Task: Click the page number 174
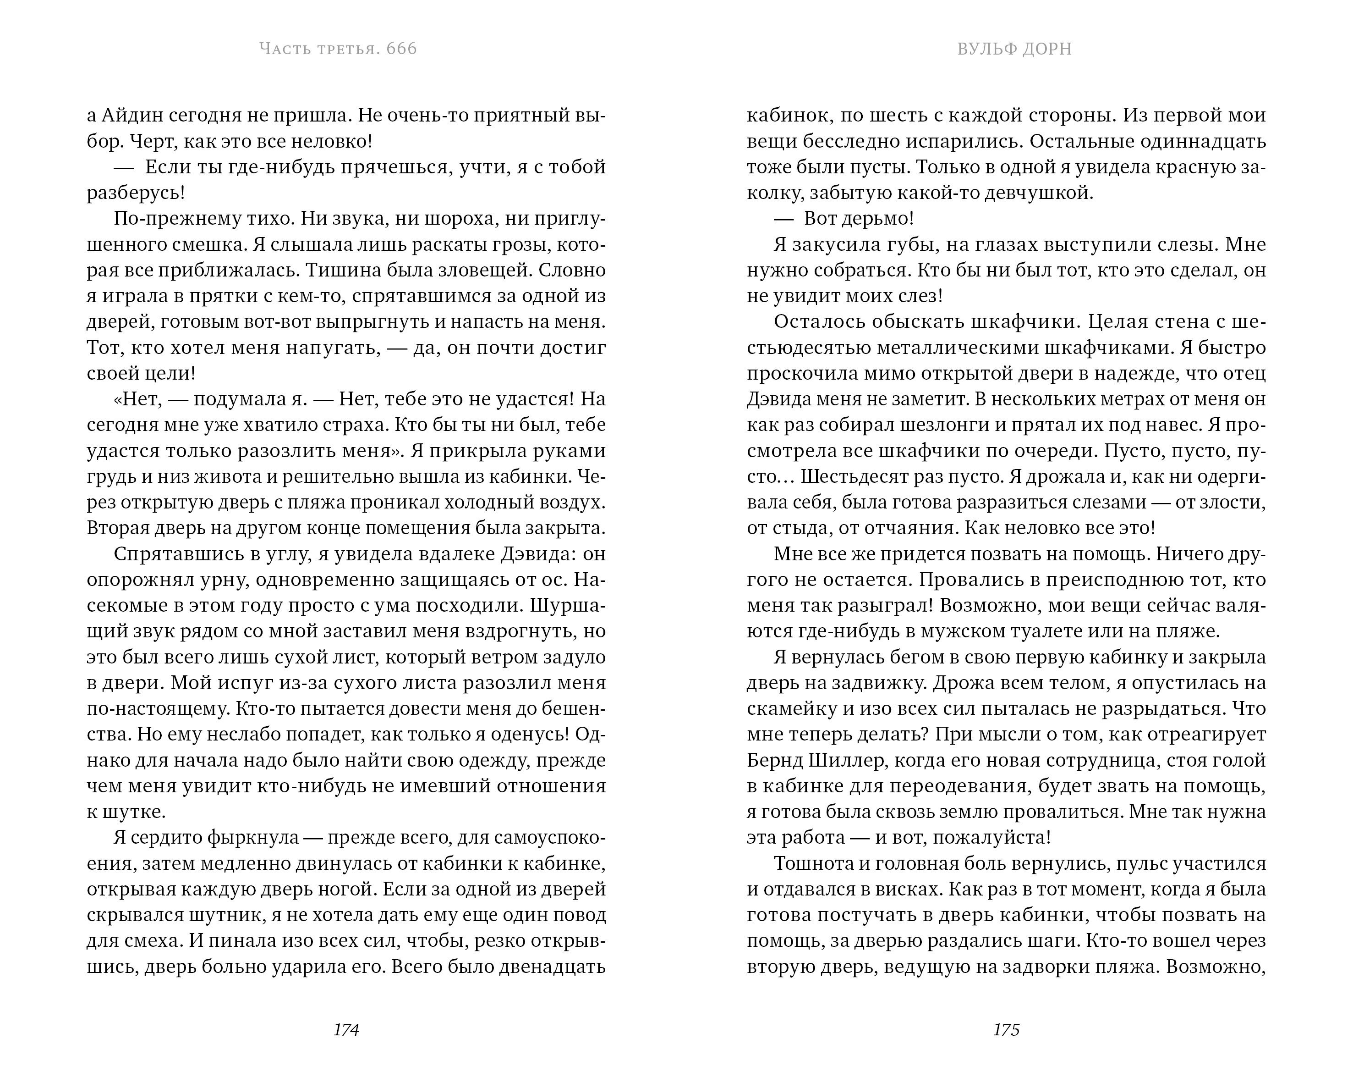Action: [346, 1030]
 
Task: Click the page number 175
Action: [1006, 1030]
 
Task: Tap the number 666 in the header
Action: [402, 49]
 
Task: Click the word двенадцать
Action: [552, 966]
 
